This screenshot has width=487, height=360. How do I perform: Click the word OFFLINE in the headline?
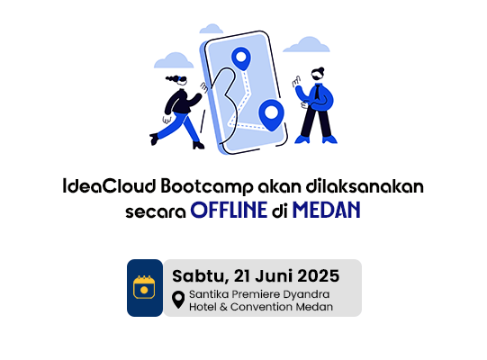click(x=229, y=210)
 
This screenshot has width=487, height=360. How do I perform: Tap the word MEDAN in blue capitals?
click(x=327, y=210)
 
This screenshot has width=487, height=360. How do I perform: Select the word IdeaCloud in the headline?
click(x=109, y=186)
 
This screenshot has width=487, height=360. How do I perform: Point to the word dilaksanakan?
click(x=365, y=186)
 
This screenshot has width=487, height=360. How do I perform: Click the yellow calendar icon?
click(x=144, y=287)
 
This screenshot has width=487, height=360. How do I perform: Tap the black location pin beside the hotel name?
click(x=178, y=300)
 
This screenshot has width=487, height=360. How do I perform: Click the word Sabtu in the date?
click(x=199, y=276)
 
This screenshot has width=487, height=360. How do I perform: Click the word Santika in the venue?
click(x=209, y=294)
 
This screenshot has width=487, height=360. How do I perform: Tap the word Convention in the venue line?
click(x=262, y=307)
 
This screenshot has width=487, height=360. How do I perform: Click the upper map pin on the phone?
click(x=241, y=58)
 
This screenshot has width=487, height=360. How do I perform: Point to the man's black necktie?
click(x=317, y=92)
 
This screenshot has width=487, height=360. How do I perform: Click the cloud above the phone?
click(x=212, y=29)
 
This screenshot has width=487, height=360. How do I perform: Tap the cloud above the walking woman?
click(x=174, y=60)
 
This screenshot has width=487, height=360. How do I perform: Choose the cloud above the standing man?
click(x=307, y=44)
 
